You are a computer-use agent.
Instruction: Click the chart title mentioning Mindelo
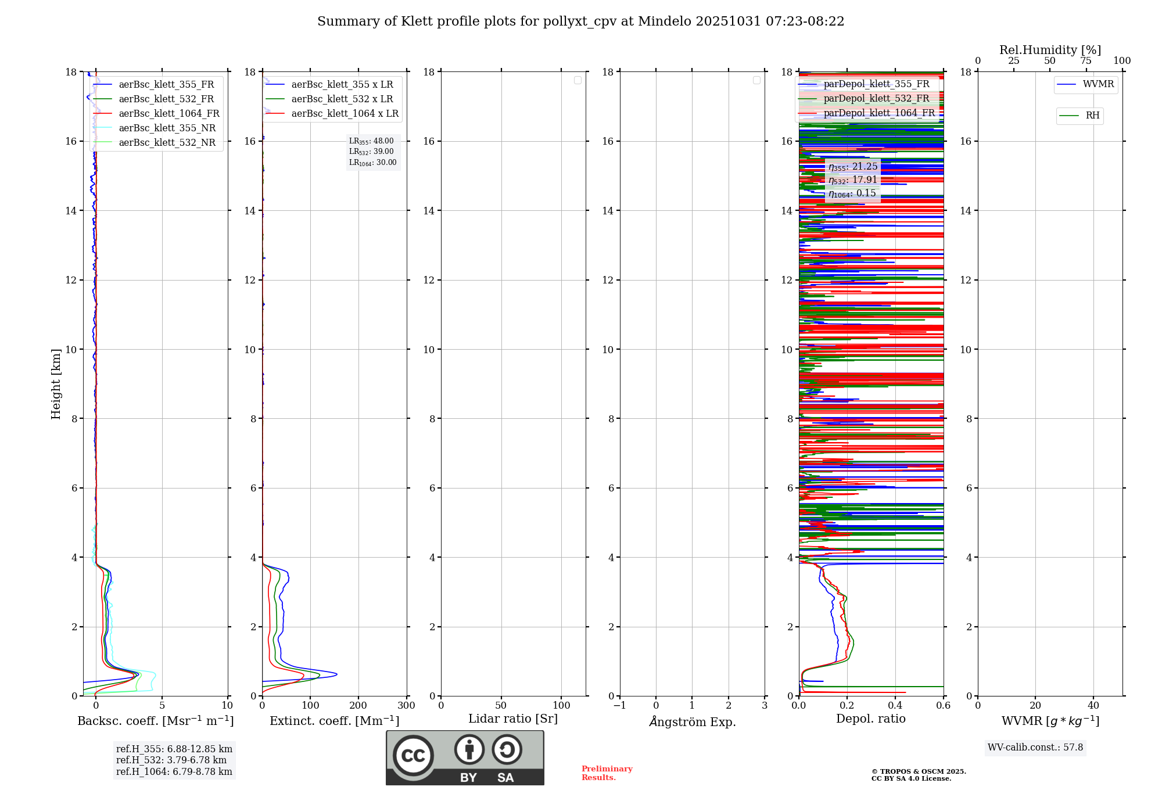580,21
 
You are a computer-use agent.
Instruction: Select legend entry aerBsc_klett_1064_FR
168,114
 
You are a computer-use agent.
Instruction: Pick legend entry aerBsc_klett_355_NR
167,128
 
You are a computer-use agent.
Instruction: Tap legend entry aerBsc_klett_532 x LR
342,99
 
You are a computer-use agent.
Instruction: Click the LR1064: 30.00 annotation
372,163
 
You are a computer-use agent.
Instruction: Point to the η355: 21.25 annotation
852,167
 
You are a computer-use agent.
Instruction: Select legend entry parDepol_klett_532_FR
876,99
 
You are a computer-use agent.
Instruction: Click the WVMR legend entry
1098,84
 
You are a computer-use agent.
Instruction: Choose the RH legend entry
1092,116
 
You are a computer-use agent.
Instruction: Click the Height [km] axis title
56,383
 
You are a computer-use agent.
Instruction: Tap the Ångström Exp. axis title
692,721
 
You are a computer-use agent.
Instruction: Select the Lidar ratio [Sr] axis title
513,719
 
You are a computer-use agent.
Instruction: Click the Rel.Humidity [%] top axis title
1050,50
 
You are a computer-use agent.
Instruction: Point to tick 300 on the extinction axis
406,706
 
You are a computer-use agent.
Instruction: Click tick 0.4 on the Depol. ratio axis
895,706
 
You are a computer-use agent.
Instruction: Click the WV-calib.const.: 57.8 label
1035,748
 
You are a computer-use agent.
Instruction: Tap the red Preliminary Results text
607,773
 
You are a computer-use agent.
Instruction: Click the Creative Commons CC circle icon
413,756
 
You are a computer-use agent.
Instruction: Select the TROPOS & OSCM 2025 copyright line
919,771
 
